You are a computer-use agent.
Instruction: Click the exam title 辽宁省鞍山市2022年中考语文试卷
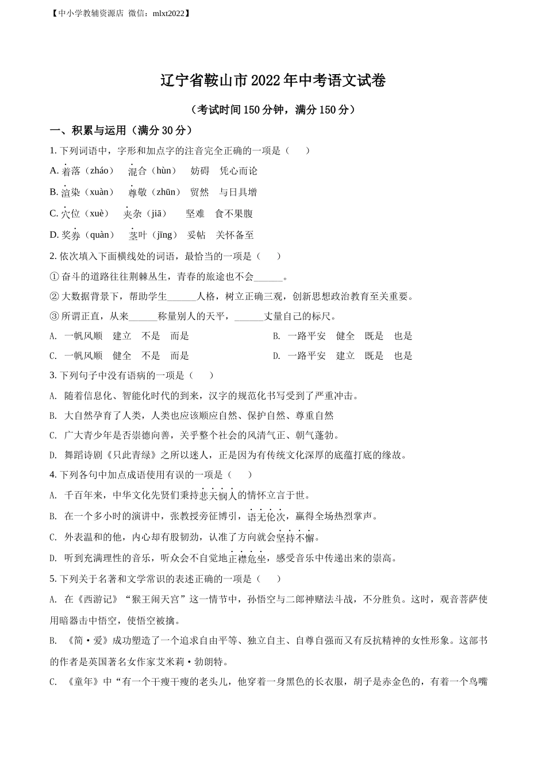[272, 81]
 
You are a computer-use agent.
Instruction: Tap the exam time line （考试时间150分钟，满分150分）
[272, 110]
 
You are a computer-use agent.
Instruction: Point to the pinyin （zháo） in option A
[98, 171]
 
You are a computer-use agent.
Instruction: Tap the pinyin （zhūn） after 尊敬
[164, 192]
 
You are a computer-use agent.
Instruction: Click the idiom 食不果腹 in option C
[234, 214]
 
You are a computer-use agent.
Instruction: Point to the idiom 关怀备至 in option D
[234, 235]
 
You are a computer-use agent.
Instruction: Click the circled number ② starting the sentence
[55, 296]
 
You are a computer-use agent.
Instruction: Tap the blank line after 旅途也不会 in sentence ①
[269, 277]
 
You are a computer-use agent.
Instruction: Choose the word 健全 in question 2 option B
[345, 336]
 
